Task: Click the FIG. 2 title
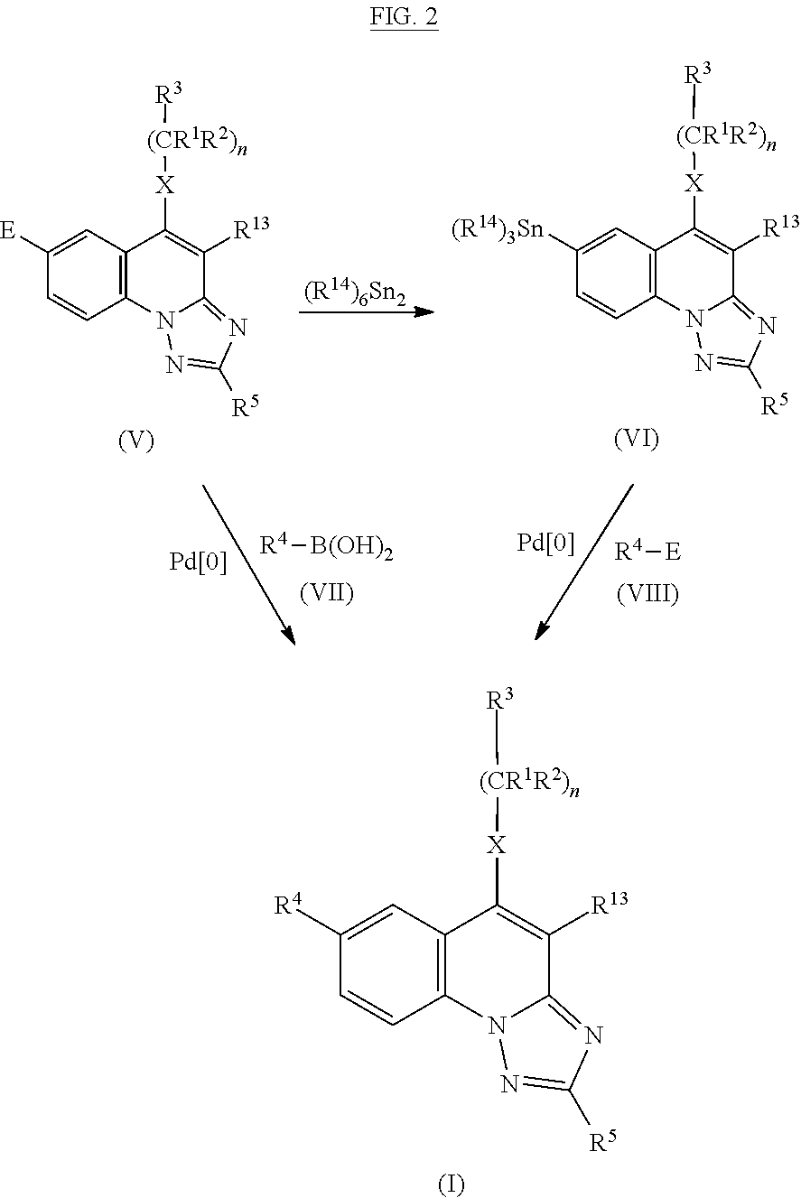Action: point(404,16)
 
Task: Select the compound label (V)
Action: point(136,441)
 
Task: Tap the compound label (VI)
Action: point(637,439)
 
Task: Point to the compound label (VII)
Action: point(327,593)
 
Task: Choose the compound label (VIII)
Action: point(648,593)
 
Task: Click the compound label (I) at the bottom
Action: point(451,1184)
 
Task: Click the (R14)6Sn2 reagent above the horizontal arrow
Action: point(355,294)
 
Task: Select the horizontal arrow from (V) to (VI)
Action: point(367,311)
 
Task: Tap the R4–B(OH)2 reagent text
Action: point(326,548)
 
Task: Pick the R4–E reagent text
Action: point(647,551)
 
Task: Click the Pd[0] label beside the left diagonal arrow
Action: point(198,562)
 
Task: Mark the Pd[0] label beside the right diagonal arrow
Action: point(545,543)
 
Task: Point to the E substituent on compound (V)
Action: point(7,230)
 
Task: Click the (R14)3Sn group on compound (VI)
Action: point(497,229)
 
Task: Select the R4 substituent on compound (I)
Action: point(288,904)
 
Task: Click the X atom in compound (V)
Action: point(164,186)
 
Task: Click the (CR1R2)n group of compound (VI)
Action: point(726,138)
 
